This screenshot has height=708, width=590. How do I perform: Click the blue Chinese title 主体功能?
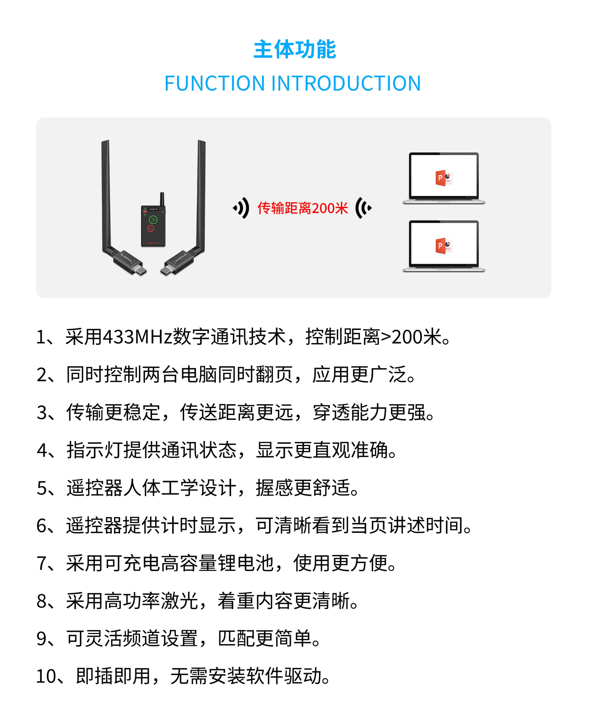(x=294, y=49)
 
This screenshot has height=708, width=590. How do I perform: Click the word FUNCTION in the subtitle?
(x=214, y=83)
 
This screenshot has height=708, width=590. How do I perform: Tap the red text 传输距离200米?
(x=302, y=208)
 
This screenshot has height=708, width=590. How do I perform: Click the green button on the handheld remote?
(x=153, y=220)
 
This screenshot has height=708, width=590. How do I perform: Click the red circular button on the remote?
(x=151, y=229)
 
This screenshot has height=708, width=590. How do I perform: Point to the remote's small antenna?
(x=162, y=199)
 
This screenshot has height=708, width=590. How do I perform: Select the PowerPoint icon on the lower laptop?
(x=444, y=246)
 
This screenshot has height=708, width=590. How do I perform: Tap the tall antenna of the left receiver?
(x=106, y=196)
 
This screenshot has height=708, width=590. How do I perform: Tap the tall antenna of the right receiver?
(x=201, y=196)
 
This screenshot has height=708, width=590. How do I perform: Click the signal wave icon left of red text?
(x=241, y=208)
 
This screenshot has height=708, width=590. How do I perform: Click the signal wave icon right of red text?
(x=364, y=208)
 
